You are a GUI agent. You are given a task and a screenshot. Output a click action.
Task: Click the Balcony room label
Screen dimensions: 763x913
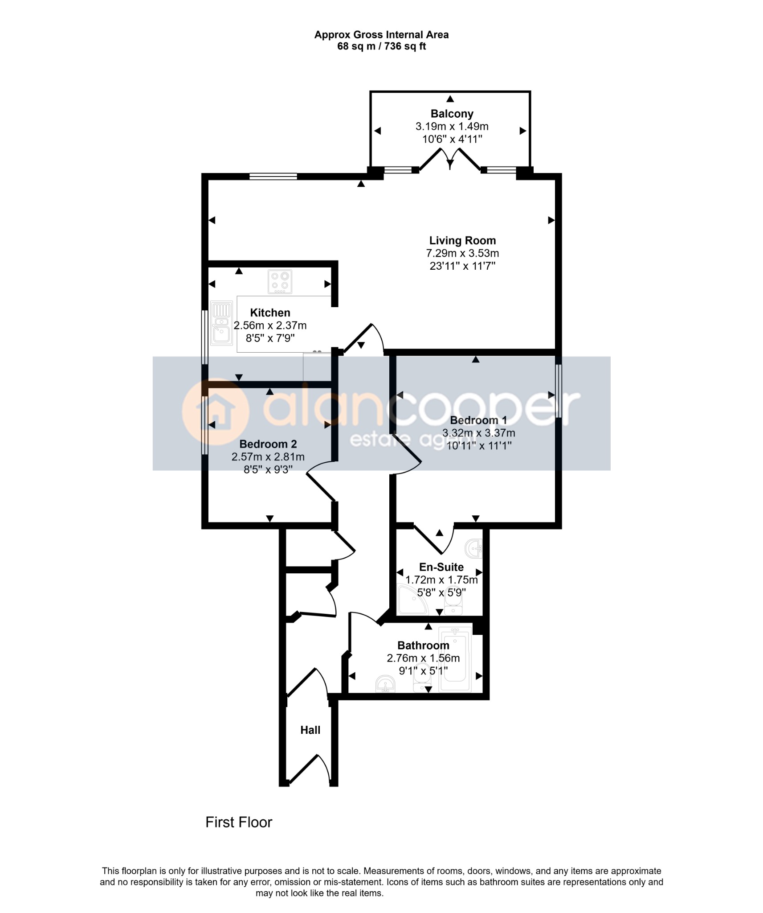click(x=451, y=114)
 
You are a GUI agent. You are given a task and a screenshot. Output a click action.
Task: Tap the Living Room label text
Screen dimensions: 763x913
click(x=462, y=240)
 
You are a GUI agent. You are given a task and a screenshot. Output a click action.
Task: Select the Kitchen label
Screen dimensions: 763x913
click(x=270, y=313)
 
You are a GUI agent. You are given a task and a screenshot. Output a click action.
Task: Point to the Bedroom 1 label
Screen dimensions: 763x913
click(x=478, y=420)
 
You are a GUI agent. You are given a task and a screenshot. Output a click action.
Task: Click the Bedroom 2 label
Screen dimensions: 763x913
click(x=268, y=444)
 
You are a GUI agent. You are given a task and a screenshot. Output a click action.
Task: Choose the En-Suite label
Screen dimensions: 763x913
click(x=441, y=567)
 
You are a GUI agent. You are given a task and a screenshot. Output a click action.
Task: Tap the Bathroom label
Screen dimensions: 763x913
click(x=423, y=646)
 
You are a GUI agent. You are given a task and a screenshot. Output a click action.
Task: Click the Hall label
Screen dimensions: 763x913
click(x=310, y=730)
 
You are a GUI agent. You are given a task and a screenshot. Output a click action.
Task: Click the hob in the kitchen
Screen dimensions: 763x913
click(x=280, y=282)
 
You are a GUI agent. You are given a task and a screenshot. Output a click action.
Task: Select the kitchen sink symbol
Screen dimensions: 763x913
click(x=221, y=323)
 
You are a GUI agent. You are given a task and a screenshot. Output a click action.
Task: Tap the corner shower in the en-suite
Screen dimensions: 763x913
click(x=412, y=600)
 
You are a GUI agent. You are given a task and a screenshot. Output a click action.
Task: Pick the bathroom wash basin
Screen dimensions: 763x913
click(x=385, y=684)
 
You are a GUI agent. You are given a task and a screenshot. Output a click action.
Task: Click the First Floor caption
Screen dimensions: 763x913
click(x=239, y=823)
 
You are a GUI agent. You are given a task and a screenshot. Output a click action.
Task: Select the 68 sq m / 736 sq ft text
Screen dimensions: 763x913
click(x=382, y=46)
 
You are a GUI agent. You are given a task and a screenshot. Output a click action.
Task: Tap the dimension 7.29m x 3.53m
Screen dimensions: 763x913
click(x=462, y=253)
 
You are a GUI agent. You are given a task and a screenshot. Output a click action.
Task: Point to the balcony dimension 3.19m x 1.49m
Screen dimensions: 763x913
click(x=452, y=126)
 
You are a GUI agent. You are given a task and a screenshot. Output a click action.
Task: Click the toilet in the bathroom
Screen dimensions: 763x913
click(x=421, y=682)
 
